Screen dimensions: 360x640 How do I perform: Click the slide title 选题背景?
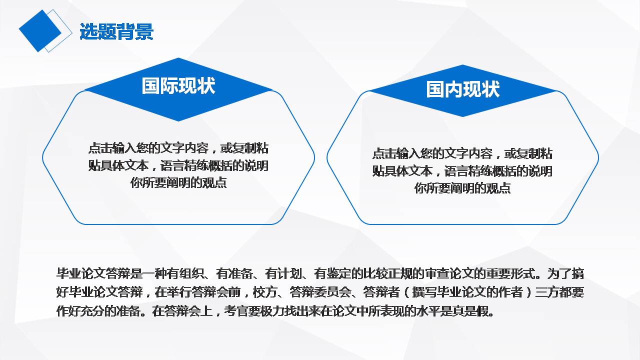coord(116,32)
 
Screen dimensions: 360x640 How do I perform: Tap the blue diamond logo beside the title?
coord(40,30)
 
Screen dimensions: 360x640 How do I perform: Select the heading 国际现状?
coord(178,85)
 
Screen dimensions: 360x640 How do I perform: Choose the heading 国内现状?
coord(463,90)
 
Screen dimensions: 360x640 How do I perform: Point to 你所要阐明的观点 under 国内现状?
coord(462,188)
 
